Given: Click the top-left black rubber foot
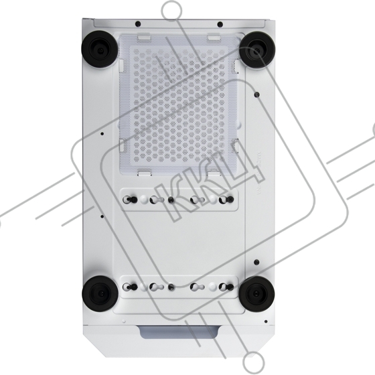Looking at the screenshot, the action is [100, 49].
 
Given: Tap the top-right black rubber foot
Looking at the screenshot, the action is [257, 50].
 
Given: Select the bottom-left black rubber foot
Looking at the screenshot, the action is [100, 293].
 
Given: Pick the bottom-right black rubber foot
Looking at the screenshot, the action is [256, 294].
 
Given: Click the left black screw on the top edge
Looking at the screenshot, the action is [138, 24].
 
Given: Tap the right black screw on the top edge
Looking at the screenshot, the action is [220, 24].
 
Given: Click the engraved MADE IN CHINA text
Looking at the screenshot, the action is [258, 174].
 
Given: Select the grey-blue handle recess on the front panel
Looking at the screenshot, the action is [179, 332].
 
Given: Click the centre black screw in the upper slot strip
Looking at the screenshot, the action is [171, 200].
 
